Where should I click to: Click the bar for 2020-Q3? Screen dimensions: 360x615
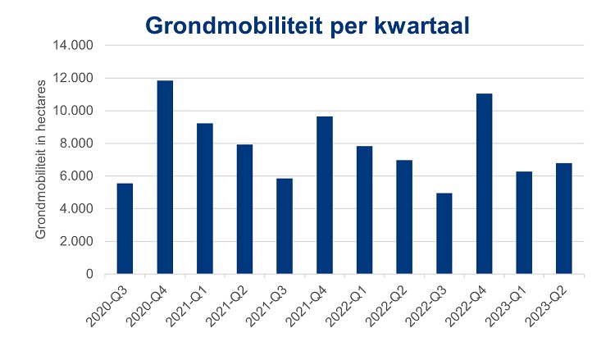[x=125, y=229]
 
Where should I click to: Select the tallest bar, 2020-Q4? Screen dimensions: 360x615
[x=165, y=177]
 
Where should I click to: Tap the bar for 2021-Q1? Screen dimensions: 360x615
[x=205, y=198]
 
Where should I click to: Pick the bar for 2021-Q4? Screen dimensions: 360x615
[x=325, y=195]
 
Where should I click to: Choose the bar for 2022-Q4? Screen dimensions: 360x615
[x=485, y=184]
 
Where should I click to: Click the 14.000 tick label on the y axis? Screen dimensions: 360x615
[x=72, y=46]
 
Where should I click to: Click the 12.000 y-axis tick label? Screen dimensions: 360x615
[x=72, y=79]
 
